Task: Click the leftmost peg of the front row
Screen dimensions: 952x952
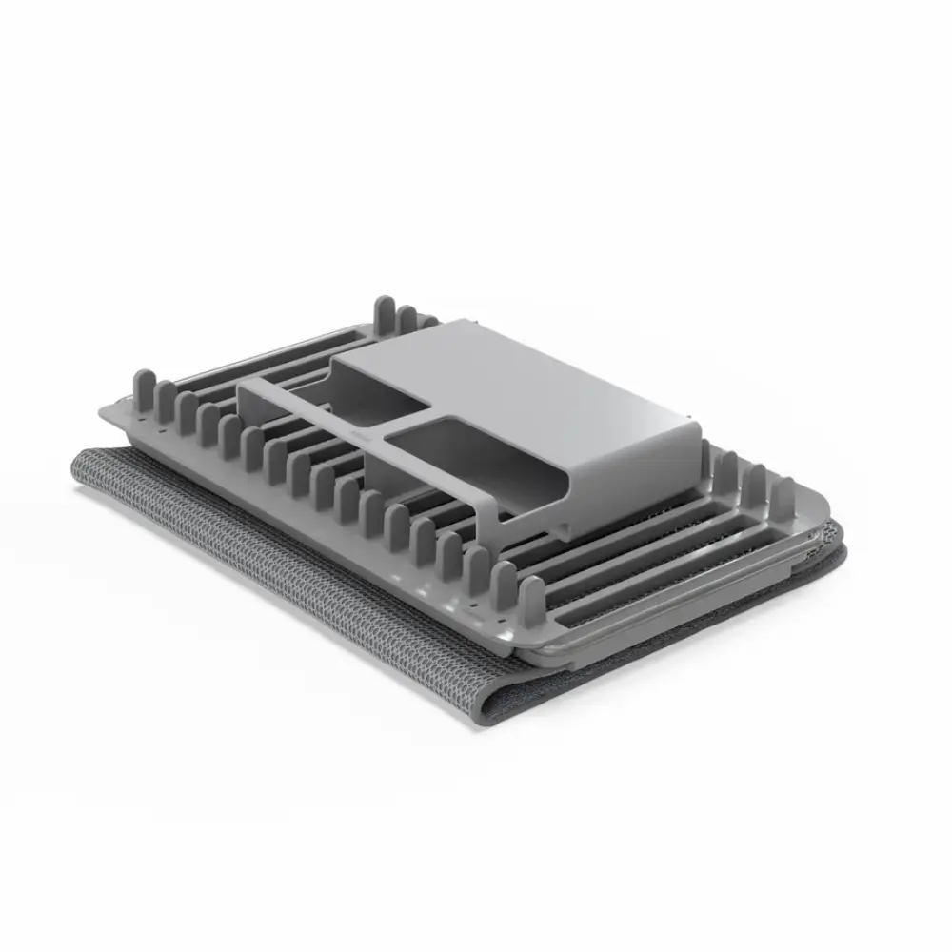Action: (143, 389)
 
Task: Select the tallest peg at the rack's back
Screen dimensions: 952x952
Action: (385, 315)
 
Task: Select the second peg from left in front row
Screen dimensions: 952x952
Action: (166, 400)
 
